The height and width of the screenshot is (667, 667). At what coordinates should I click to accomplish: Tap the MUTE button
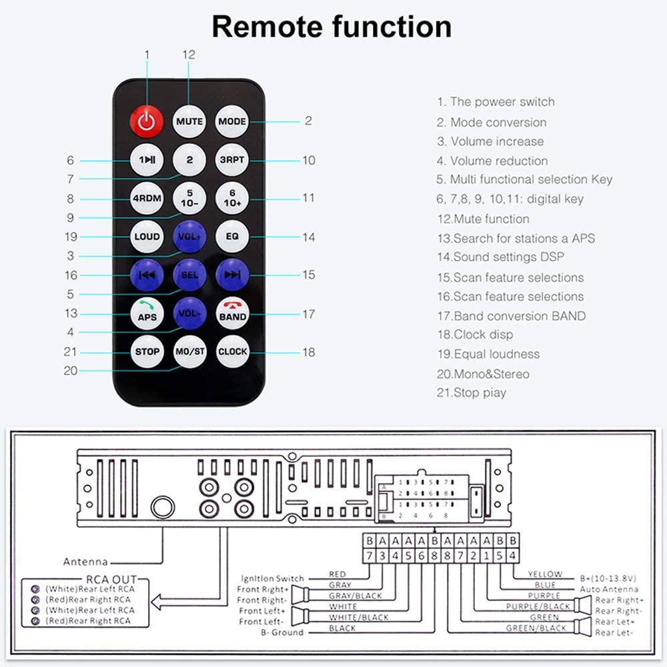tap(189, 121)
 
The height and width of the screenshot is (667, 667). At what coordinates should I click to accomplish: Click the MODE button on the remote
tap(232, 121)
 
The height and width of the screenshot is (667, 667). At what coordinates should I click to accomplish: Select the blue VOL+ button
tap(189, 237)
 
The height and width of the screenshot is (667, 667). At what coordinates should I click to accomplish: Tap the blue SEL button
tap(189, 275)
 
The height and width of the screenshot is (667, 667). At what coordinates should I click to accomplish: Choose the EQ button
tap(232, 236)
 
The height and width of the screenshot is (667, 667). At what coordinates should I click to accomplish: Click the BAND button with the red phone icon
tap(232, 313)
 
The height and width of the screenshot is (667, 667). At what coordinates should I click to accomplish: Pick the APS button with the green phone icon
tap(147, 313)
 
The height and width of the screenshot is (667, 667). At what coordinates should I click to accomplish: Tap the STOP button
tap(147, 352)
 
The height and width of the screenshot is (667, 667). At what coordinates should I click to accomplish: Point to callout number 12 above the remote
tap(189, 55)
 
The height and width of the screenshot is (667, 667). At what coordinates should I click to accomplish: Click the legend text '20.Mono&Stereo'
tap(483, 374)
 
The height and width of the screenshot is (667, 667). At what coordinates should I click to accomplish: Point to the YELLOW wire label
tap(545, 574)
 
